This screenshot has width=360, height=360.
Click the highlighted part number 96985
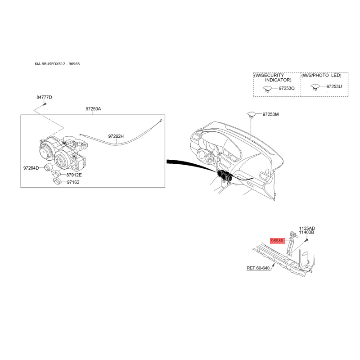coord(277,241)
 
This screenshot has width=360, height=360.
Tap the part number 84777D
coord(44,97)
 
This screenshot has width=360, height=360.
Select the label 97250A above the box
coord(93,108)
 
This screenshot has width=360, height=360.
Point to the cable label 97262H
coord(116,136)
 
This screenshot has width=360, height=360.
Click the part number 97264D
coord(31,168)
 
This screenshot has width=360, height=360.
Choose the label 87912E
coord(74,175)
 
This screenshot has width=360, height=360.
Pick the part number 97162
coord(73,182)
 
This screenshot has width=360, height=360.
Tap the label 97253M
coord(270,114)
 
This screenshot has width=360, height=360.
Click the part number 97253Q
coord(287,88)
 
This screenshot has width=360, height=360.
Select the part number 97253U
coord(334,86)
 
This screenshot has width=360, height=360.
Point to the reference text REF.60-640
coord(258,268)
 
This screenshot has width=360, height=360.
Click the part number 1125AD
coord(307,228)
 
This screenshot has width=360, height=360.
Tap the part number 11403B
coord(306,232)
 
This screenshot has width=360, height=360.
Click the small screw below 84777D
coord(45,104)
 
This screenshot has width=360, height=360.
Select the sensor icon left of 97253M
coord(252,114)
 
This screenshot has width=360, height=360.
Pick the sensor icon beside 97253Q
coord(267,89)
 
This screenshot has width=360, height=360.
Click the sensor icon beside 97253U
coord(315,87)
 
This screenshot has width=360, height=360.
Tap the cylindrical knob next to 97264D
coord(48,167)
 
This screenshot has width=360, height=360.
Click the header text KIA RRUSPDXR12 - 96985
coord(57,64)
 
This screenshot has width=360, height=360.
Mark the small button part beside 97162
coord(57,181)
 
